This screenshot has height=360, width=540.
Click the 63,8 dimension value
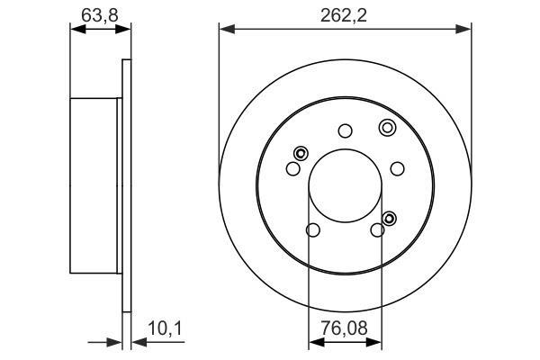tap(100, 15)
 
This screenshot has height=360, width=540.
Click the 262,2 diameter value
tap(344, 15)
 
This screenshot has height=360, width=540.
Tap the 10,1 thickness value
tap(165, 328)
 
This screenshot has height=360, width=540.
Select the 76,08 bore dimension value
tap(344, 328)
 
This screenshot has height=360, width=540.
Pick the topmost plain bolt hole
tap(345, 130)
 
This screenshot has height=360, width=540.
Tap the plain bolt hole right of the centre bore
tap(398, 169)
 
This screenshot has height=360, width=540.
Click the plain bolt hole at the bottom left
tap(313, 229)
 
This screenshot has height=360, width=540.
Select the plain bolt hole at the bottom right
tap(377, 229)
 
